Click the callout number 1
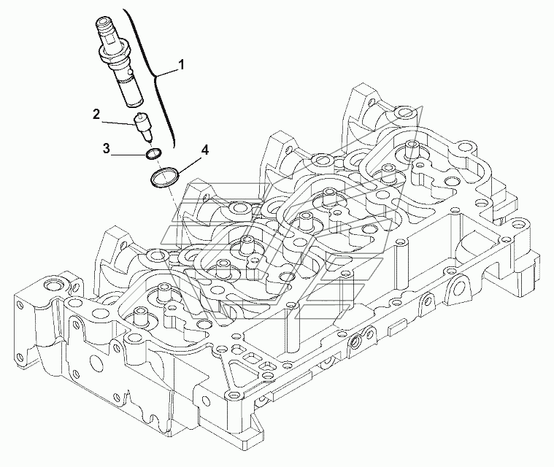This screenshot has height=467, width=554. click(x=181, y=66)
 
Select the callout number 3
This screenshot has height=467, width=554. click(x=107, y=149)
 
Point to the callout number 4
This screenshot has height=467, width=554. click(x=205, y=151)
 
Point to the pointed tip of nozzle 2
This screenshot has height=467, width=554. click(x=150, y=141)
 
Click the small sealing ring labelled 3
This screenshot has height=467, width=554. click(x=153, y=155)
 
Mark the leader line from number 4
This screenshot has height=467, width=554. click(x=186, y=162)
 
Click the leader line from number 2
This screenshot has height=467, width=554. click(x=117, y=118)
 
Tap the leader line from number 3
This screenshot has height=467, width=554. click(x=128, y=153)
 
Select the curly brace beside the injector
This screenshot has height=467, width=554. click(x=156, y=73)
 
